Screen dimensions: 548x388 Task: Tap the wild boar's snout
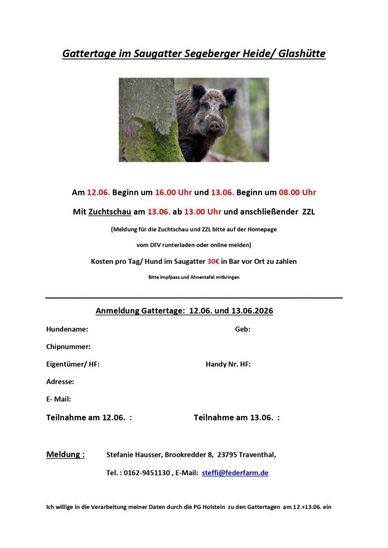[x=214, y=126]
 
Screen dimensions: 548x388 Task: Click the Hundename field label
[x=67, y=329]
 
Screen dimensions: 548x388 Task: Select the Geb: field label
[x=242, y=329]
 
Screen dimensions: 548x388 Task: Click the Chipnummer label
[x=68, y=347]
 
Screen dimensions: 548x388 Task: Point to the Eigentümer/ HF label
[x=73, y=364]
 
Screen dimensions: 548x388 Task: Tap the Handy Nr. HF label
[x=228, y=364]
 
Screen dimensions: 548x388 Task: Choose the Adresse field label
[x=60, y=382]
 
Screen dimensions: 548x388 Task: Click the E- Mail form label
[x=58, y=399]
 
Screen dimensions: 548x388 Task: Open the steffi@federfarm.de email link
[x=235, y=473]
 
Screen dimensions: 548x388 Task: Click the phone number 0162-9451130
[x=146, y=473]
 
